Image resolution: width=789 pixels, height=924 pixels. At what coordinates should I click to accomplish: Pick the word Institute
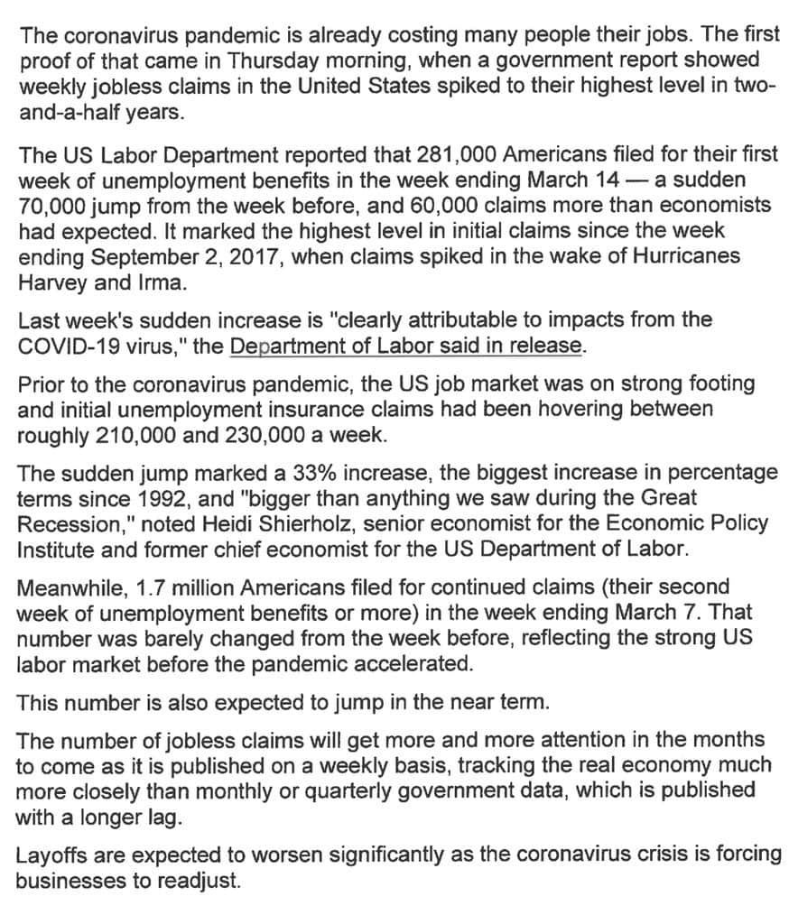pos(56,549)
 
